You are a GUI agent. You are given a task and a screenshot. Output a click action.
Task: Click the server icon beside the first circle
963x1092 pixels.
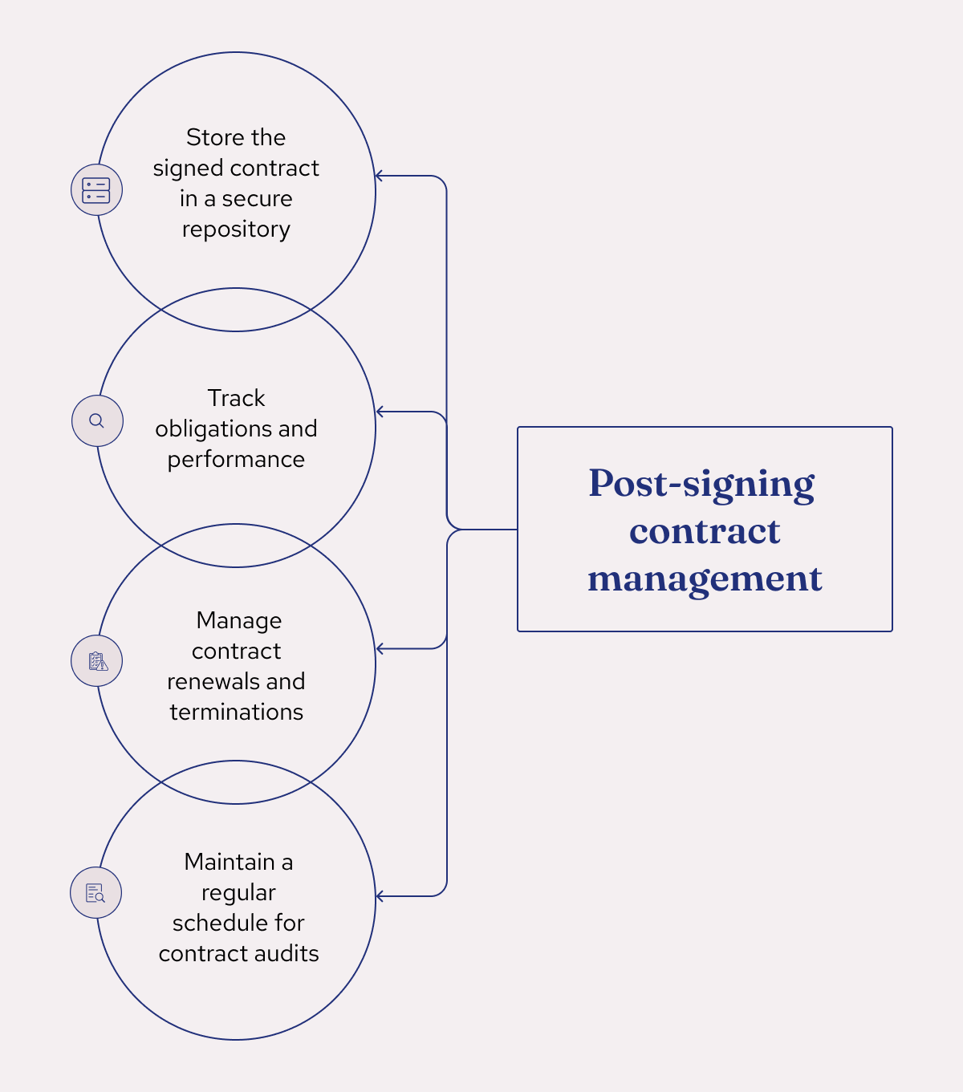[96, 190]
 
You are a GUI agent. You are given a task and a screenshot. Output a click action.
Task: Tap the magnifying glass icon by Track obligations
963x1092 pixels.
[97, 421]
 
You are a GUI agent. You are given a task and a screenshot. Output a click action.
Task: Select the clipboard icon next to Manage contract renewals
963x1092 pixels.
[97, 661]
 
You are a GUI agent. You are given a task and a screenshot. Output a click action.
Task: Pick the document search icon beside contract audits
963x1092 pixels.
[95, 893]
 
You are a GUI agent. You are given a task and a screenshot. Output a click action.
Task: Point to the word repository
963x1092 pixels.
[236, 229]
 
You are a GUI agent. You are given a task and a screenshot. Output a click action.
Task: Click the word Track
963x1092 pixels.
[236, 399]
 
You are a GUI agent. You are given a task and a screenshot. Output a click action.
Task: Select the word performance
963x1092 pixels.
[236, 460]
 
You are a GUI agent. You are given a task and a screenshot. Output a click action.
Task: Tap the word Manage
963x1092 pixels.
[238, 621]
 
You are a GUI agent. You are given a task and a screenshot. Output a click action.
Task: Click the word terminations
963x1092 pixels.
[236, 712]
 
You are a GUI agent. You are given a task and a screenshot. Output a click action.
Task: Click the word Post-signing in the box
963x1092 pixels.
[701, 484]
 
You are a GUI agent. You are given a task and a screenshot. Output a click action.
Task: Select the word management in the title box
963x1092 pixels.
[705, 578]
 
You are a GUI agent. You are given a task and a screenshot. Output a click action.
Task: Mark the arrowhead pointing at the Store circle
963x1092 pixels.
[380, 176]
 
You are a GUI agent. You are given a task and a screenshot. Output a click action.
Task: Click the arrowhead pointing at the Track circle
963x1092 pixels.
[380, 412]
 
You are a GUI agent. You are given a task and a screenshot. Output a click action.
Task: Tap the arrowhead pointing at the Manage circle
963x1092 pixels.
[380, 648]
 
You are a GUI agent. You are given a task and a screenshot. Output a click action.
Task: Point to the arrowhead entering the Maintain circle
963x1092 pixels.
[380, 896]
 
